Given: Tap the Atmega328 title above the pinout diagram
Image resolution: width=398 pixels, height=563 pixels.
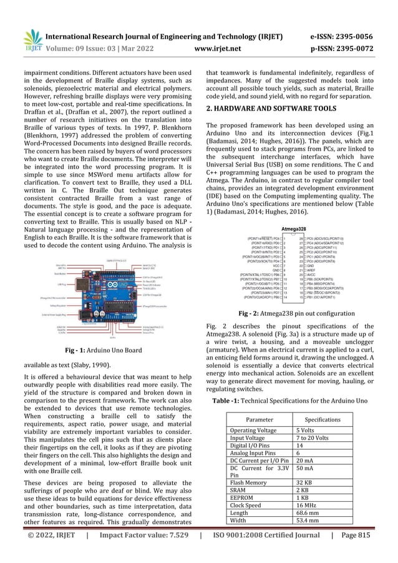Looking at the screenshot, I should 296,228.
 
